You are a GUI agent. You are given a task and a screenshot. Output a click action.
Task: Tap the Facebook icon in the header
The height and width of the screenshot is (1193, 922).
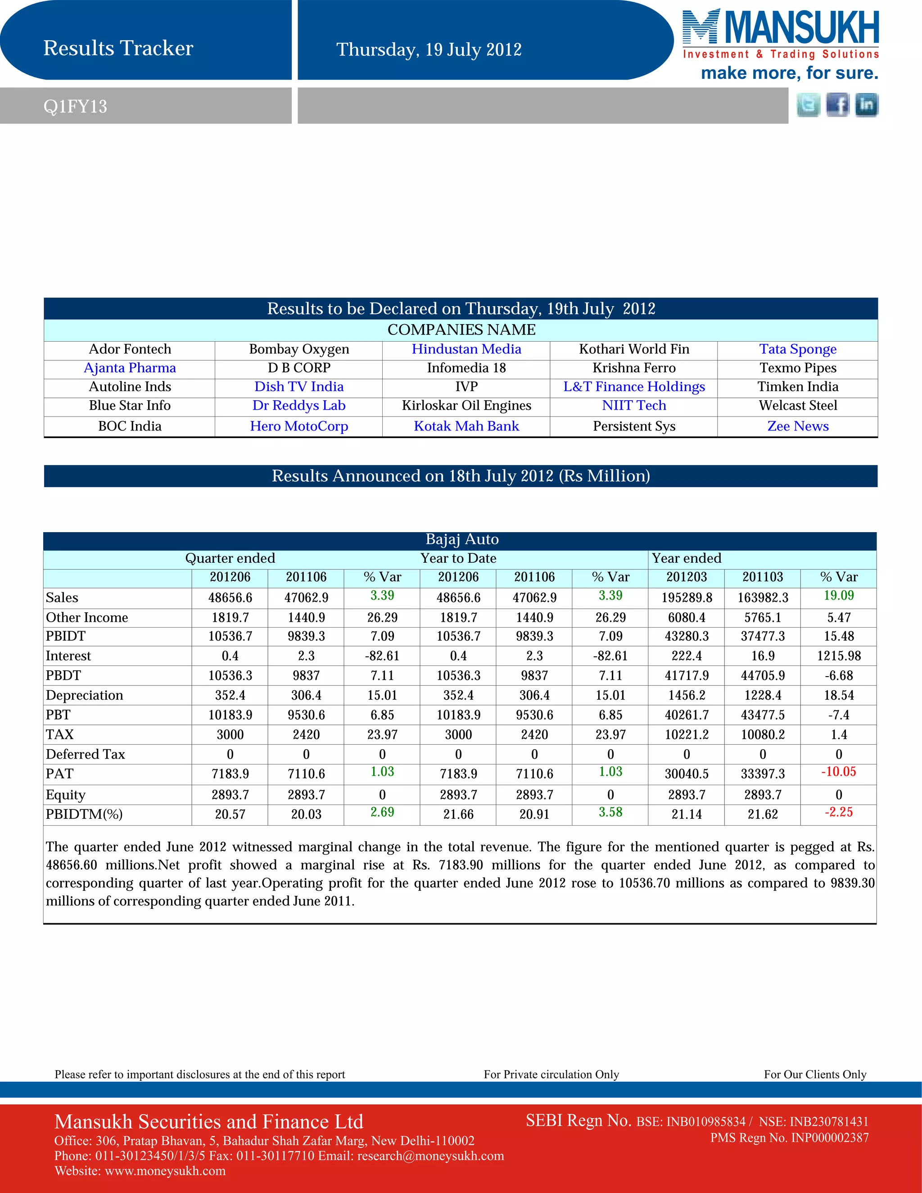837,105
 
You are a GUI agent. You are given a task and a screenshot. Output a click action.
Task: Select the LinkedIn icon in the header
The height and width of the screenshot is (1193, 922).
866,105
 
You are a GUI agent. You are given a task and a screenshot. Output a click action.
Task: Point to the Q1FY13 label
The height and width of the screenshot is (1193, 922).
75,107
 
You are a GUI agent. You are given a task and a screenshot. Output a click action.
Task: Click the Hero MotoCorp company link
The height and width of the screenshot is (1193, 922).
299,426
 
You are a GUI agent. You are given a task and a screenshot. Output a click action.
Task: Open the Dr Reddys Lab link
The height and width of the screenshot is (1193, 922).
299,405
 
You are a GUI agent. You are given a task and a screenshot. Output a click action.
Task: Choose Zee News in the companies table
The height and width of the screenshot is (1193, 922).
797,426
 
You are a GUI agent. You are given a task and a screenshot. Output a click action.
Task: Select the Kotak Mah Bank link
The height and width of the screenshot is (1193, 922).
466,426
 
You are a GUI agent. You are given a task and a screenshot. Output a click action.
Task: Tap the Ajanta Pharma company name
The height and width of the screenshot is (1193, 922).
130,368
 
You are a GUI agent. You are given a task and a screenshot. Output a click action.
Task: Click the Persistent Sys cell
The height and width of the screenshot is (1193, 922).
633,426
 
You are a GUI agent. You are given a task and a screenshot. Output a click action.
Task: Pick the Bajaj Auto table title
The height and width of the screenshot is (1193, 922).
461,540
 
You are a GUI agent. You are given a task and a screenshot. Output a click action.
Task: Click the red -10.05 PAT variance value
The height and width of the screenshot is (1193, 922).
838,772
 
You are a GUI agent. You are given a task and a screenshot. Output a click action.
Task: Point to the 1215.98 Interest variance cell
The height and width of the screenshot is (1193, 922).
838,656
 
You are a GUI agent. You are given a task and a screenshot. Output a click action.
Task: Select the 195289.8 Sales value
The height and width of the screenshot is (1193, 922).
687,597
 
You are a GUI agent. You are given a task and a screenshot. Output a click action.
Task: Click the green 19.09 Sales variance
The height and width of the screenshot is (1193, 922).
838,596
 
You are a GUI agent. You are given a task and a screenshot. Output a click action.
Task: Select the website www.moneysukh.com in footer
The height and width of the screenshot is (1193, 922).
165,1171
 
